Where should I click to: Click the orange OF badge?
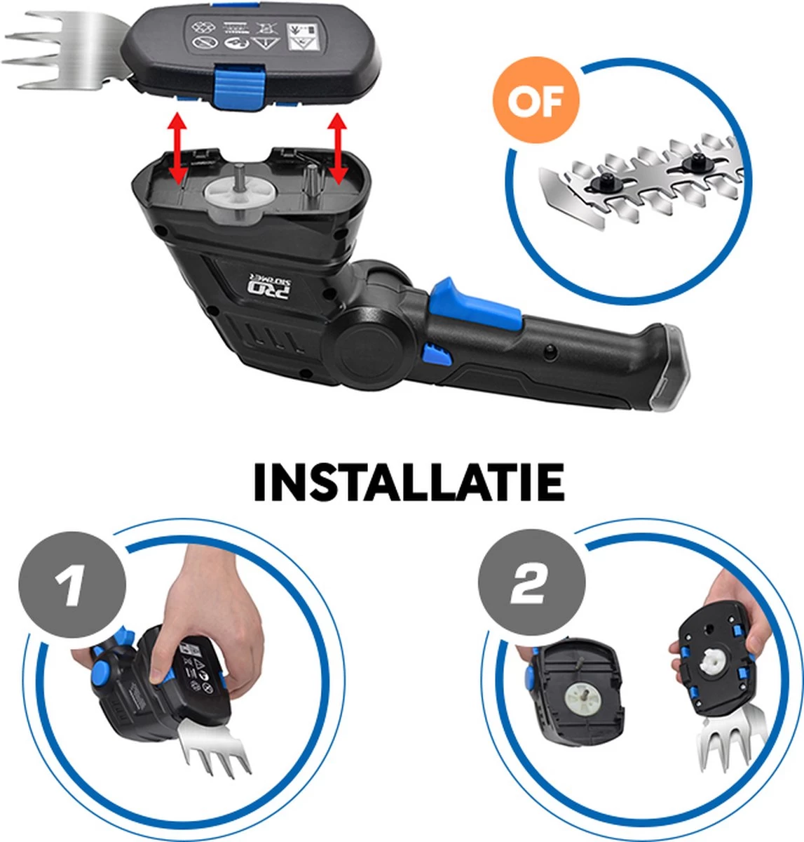tap(536, 102)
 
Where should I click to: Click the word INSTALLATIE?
tap(409, 482)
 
